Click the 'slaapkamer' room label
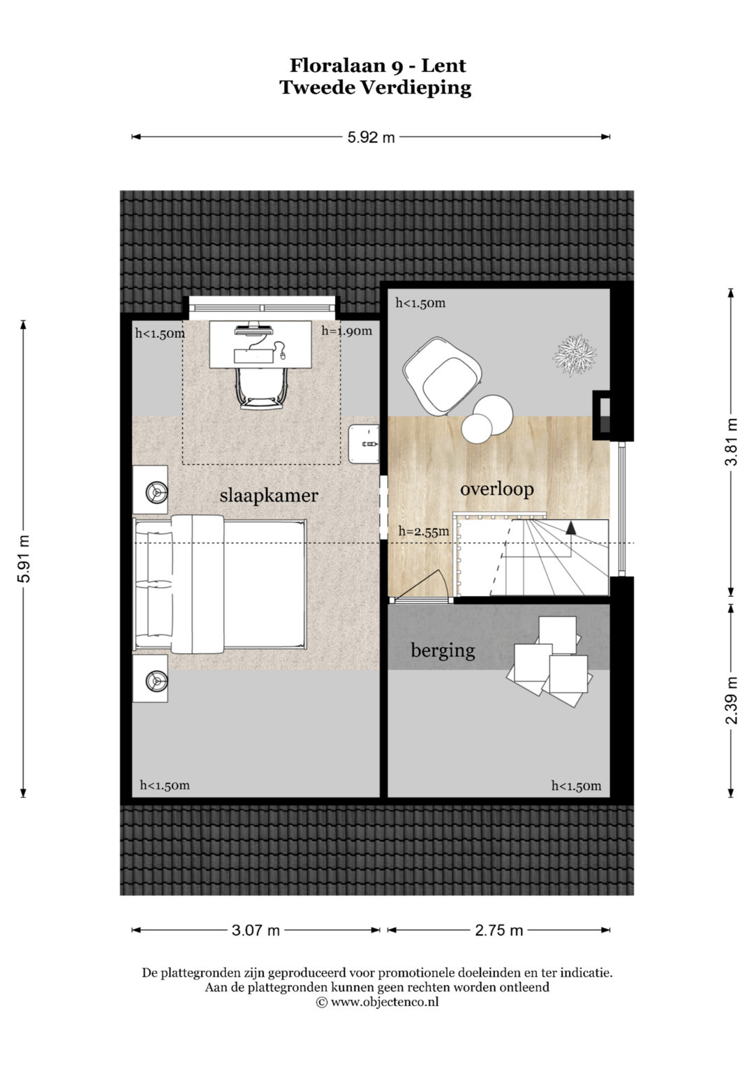click(269, 496)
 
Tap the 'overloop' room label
click(496, 489)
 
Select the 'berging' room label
click(443, 651)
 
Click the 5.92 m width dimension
click(371, 137)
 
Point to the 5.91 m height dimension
click(24, 558)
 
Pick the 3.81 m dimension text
click(731, 442)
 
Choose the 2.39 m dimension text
click(731, 700)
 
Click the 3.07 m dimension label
click(256, 931)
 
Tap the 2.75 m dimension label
click(499, 931)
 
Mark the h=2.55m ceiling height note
click(424, 531)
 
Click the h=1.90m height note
click(346, 331)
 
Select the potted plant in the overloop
click(574, 355)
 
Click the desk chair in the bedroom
click(261, 387)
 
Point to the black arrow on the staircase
click(571, 527)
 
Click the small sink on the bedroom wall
click(364, 444)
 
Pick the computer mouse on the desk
click(282, 354)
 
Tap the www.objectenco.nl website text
click(385, 1002)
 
